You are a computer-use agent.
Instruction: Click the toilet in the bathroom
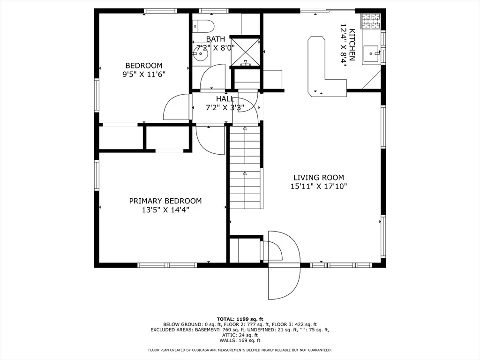click(x=203, y=26)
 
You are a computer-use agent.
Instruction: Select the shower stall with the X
click(x=245, y=52)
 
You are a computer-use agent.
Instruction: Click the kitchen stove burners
click(x=371, y=21)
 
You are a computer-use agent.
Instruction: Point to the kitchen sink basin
click(x=371, y=53)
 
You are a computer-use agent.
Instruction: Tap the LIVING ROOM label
click(x=319, y=178)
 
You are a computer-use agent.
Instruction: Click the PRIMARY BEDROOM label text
click(x=165, y=201)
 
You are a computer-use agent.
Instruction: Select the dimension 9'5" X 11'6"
click(x=144, y=75)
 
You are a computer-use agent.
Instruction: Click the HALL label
click(x=225, y=99)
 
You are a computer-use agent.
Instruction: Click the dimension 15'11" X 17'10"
click(x=319, y=186)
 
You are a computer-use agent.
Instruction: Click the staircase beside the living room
click(x=245, y=167)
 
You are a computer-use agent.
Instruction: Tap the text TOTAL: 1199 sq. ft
click(x=240, y=319)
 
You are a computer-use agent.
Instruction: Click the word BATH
click(x=216, y=39)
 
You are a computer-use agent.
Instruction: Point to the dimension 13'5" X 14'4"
click(x=165, y=210)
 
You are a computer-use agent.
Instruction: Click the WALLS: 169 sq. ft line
click(x=240, y=340)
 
